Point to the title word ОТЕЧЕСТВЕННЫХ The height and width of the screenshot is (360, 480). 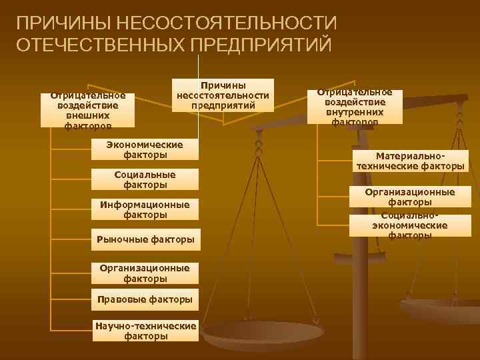[x=100, y=45]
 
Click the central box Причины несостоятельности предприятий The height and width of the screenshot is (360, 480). [x=222, y=95]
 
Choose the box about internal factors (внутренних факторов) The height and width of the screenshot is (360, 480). [x=355, y=107]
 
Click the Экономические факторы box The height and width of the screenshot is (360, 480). [x=145, y=149]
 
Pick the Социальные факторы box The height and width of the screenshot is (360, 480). [x=145, y=179]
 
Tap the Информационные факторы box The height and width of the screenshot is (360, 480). [x=145, y=209]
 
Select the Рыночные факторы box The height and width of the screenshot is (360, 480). [x=145, y=239]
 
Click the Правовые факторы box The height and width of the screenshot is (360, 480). [x=145, y=299]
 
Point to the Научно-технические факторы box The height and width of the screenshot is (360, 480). [x=145, y=331]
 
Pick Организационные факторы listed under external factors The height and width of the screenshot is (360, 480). [x=145, y=273]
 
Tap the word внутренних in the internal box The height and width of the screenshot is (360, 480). [x=355, y=112]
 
